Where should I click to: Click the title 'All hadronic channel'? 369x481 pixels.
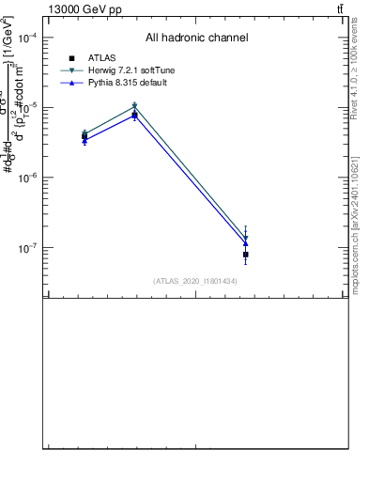coord(196,39)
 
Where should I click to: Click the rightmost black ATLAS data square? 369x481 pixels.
coord(245,255)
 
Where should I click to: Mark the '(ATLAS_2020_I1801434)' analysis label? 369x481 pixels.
coord(194,281)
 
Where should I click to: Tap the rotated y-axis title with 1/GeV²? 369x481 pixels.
coord(20,113)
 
